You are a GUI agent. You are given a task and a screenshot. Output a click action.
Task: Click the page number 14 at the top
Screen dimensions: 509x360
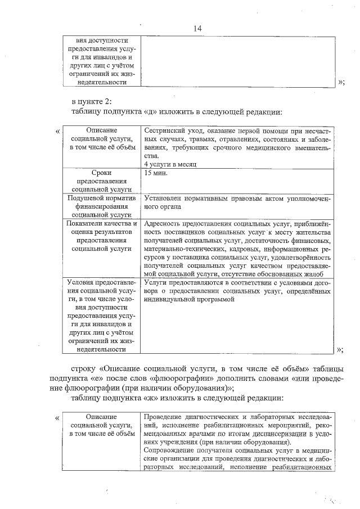(197, 29)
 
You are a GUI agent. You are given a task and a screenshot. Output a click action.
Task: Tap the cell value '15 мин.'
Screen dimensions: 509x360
(156, 173)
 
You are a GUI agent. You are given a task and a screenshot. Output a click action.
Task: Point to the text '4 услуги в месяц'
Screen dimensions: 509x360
(169, 164)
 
